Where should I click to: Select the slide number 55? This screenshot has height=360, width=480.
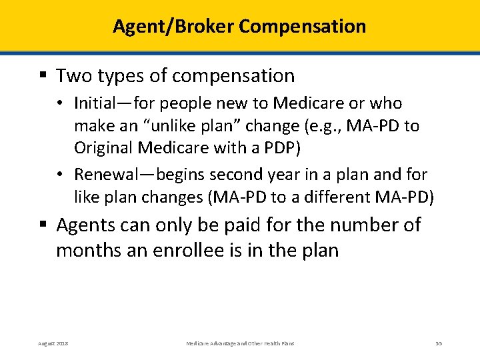pyautogui.click(x=439, y=343)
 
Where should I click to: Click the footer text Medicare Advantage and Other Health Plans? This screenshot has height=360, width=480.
pyautogui.click(x=240, y=343)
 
